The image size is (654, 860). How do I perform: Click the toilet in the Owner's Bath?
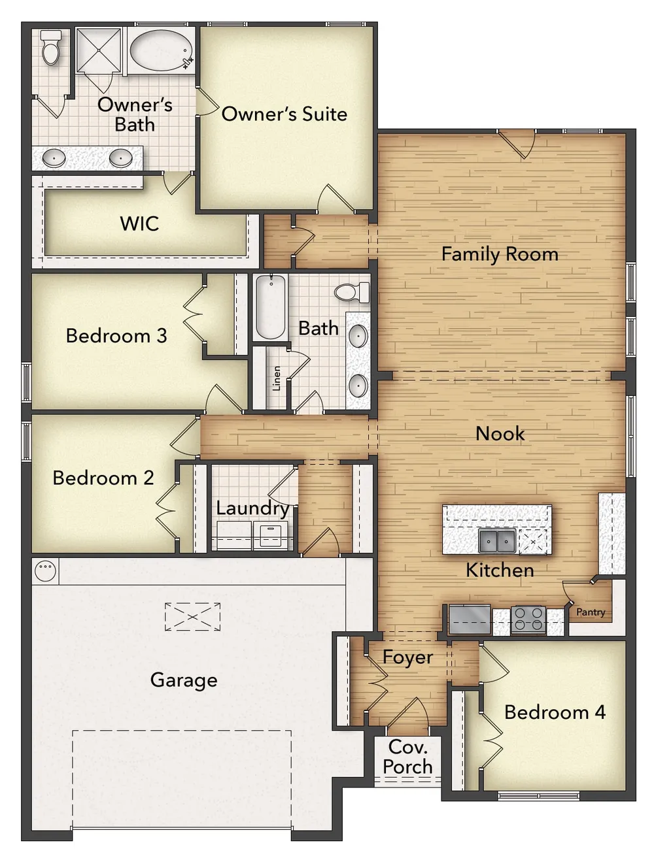pos(51,48)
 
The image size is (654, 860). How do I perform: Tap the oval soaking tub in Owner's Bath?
pos(161,50)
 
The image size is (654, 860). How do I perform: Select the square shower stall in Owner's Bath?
pos(98,50)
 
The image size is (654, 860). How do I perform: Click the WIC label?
pos(139,223)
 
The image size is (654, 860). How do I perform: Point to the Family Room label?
pos(500,254)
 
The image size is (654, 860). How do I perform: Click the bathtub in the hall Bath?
pos(271,306)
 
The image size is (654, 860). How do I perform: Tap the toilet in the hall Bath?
pos(352,292)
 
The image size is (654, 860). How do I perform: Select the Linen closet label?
pos(277,378)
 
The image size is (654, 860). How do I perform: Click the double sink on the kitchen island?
pos(497,540)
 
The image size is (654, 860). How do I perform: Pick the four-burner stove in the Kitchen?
pos(528,620)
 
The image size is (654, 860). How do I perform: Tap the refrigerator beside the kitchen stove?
pos(470,619)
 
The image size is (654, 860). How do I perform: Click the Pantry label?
pos(591,612)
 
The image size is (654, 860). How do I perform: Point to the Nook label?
pos(500,433)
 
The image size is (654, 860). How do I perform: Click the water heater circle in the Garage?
pos(46,571)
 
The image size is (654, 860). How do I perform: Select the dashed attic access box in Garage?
pos(192,617)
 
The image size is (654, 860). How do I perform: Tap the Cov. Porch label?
pos(407,757)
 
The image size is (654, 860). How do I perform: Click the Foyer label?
pos(408,657)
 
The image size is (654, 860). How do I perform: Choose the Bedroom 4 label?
pos(555,712)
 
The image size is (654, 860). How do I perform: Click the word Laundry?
pos(253,508)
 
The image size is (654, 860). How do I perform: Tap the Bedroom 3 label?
pos(116,335)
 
